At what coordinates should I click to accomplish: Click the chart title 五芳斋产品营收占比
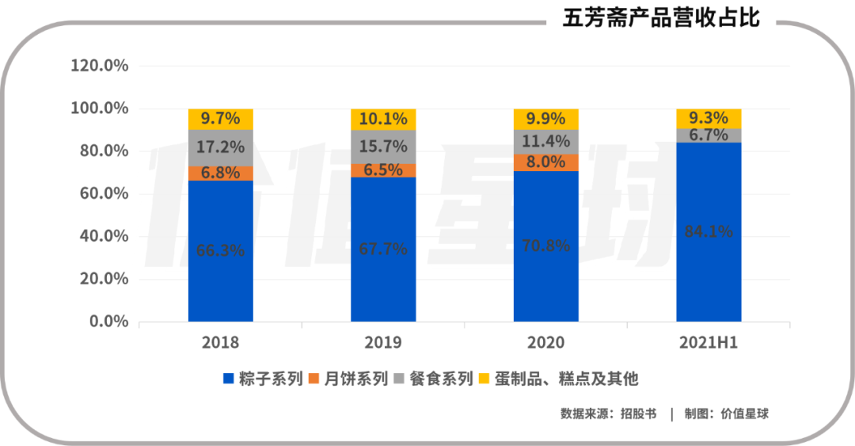click(x=661, y=17)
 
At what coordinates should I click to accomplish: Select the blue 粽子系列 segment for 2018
click(x=220, y=269)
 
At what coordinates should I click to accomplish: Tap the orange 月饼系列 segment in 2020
click(x=545, y=162)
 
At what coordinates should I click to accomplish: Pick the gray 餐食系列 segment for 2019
click(x=383, y=147)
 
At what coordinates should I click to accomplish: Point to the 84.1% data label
click(x=709, y=231)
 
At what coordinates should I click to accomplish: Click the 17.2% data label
click(x=220, y=147)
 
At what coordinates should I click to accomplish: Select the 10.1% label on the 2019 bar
click(x=383, y=119)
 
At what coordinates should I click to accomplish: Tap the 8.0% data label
click(x=545, y=162)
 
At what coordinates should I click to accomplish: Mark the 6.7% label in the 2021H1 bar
click(x=709, y=135)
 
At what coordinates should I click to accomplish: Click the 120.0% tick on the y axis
click(x=100, y=66)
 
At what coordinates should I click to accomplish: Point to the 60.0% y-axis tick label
click(x=100, y=193)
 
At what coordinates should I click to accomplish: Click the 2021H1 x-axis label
click(x=709, y=343)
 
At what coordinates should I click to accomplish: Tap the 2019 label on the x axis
click(x=383, y=343)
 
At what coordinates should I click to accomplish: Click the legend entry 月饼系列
click(x=356, y=379)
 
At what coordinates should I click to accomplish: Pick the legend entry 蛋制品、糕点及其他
click(x=566, y=379)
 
